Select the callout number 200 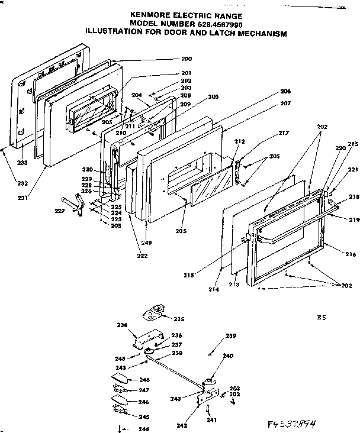(187, 59)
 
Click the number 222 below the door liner (143, 256)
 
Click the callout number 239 (230, 337)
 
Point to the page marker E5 (322, 318)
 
